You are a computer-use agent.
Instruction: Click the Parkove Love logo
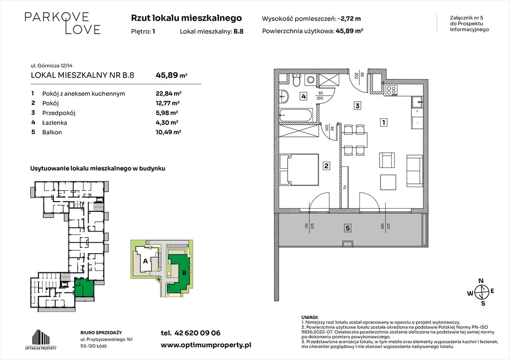tap(62, 23)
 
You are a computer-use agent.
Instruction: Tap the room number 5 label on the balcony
tap(348, 228)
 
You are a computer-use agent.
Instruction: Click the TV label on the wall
tap(345, 187)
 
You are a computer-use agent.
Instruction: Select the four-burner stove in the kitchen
tap(391, 90)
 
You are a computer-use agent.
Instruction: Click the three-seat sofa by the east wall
tap(415, 170)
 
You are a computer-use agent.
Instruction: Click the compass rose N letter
tap(480, 281)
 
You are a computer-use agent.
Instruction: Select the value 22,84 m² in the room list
tap(168, 93)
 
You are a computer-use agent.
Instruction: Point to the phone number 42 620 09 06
tap(190, 333)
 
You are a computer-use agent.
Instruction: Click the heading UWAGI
tap(311, 317)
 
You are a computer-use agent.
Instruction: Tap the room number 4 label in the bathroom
tap(304, 97)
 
